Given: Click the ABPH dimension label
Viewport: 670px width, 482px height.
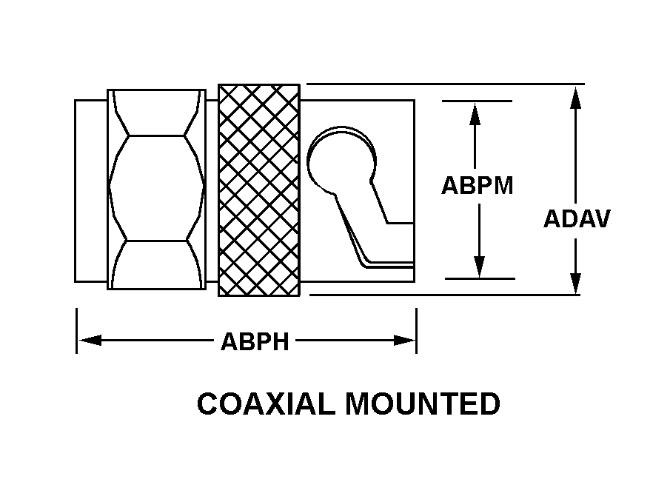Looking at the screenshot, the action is (255, 341).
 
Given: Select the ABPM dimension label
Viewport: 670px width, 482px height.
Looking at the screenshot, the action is (478, 185).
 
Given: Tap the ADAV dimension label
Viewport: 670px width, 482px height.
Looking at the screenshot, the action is (577, 218).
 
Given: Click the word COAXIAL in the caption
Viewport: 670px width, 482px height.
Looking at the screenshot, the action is (266, 404).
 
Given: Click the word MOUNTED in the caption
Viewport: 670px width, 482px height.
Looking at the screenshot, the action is (423, 404).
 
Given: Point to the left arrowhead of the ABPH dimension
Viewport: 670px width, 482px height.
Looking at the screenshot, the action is (90, 341).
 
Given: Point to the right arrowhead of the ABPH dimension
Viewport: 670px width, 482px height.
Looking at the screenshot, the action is (404, 341).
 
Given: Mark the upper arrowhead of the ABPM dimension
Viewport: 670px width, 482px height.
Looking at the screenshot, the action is (475, 114).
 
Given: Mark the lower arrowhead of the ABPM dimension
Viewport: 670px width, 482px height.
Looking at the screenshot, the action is (480, 267).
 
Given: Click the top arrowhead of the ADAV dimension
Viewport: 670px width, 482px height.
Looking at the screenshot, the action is (576, 98).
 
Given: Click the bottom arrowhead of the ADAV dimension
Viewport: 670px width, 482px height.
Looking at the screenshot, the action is (576, 282).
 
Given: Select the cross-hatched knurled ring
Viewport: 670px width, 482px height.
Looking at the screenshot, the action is (259, 190).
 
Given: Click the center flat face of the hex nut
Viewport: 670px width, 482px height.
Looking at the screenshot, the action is (157, 188).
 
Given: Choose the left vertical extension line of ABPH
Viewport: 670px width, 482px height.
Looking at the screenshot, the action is (76, 331).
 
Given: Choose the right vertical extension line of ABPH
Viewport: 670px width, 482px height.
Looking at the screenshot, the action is (417, 331).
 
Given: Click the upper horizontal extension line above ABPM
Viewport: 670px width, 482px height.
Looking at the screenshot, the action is (477, 101).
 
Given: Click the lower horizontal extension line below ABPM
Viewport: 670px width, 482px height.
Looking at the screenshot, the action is (480, 278).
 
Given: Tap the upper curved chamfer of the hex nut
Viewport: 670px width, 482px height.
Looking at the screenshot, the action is (157, 113).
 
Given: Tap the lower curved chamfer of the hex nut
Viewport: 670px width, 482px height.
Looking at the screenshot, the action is (157, 264).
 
